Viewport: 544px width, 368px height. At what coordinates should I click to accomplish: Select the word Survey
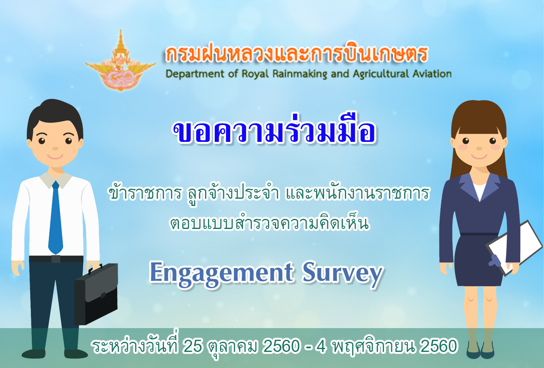(x=343, y=274)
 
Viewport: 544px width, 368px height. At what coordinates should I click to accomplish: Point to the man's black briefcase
(x=96, y=294)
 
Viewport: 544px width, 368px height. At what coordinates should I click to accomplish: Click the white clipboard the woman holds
(x=514, y=248)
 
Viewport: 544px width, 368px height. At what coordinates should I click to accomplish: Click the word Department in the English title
(x=195, y=74)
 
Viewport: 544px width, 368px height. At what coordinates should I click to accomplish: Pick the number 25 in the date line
(x=192, y=346)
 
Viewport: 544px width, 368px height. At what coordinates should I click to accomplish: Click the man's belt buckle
(x=56, y=259)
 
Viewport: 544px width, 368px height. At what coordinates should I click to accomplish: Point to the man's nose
(x=55, y=148)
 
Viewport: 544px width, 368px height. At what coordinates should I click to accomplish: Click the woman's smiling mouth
(x=479, y=156)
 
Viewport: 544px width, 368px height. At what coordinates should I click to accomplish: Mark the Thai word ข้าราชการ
(x=145, y=193)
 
